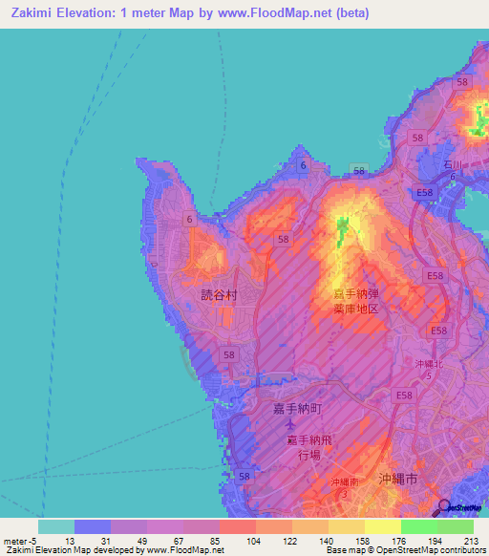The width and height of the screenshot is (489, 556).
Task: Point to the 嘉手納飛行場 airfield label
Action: coord(312,447)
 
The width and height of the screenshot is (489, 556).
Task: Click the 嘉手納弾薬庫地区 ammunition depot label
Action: coord(355,301)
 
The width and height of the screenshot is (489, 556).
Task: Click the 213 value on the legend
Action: coord(471,541)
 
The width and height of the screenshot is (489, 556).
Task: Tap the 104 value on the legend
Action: coord(253,541)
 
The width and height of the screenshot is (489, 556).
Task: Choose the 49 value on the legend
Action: coord(144,541)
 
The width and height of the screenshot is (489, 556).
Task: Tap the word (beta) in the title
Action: coord(351,13)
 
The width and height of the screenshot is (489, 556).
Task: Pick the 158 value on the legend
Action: coord(362,541)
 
